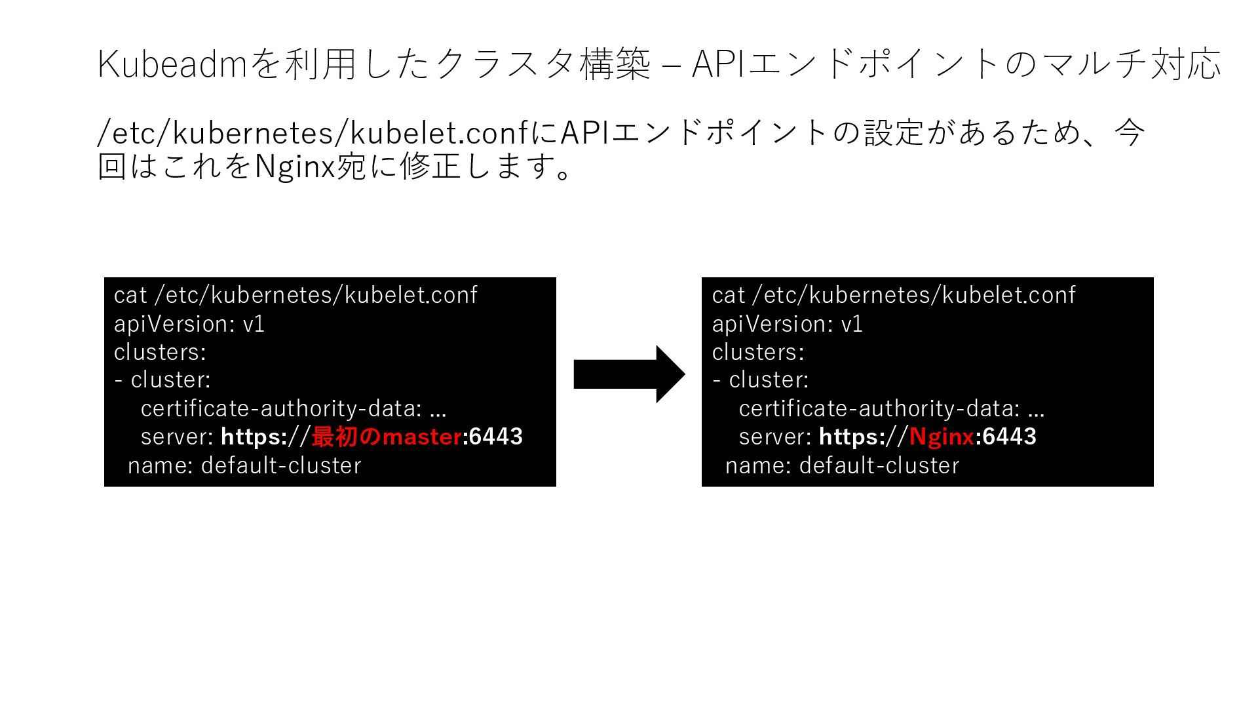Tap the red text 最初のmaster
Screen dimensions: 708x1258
coord(387,437)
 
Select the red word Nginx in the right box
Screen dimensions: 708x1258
coord(942,437)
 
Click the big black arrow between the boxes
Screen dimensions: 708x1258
coord(628,374)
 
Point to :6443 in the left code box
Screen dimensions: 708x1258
coord(493,437)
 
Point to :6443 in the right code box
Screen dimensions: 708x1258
coord(1006,437)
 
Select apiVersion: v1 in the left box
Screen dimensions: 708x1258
coord(189,324)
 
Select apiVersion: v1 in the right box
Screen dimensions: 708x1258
coord(787,324)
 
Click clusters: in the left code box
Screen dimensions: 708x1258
coord(160,352)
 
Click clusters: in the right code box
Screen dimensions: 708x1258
coord(758,352)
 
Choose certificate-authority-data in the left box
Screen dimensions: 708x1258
coord(281,408)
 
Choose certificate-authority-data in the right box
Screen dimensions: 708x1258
coord(879,408)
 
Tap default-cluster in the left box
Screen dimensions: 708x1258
coord(281,465)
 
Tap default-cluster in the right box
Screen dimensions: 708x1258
coord(879,465)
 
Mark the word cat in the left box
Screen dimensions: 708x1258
coord(130,296)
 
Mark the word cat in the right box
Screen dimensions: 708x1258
coord(728,296)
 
